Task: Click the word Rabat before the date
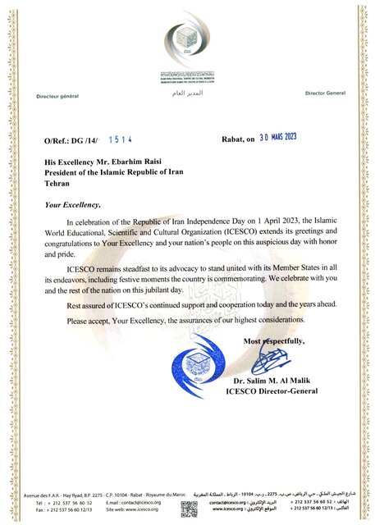click(235, 141)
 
